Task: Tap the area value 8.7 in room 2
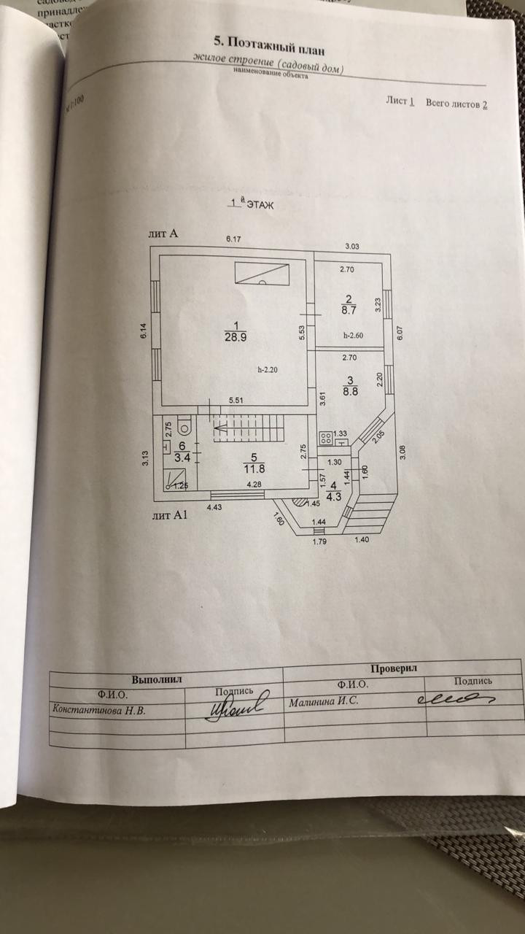(349, 310)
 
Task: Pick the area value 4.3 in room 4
(335, 497)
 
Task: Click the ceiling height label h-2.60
(354, 336)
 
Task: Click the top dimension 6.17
(233, 239)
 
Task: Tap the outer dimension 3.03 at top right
(353, 246)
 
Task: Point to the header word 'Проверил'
(394, 668)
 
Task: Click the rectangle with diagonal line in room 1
(262, 274)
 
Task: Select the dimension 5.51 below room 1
(236, 401)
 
